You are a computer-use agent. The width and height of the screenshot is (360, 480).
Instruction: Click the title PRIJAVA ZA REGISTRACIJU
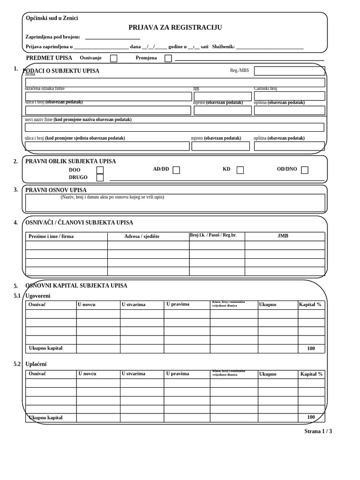(175, 28)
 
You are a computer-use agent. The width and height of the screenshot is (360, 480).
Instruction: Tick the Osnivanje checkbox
(113, 59)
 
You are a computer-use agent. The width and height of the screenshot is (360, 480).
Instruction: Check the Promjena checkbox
(168, 59)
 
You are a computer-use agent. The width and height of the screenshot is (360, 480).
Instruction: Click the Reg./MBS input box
(289, 71)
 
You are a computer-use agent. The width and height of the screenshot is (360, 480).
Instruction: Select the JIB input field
(222, 97)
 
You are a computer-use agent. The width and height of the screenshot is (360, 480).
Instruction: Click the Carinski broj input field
(289, 96)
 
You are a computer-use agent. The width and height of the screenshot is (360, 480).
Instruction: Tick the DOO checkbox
(100, 170)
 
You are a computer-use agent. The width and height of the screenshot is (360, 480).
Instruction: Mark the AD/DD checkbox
(176, 170)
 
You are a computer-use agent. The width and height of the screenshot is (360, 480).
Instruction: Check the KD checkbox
(240, 170)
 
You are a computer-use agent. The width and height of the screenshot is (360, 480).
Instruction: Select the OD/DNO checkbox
(305, 170)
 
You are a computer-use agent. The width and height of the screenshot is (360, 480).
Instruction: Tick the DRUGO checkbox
(100, 178)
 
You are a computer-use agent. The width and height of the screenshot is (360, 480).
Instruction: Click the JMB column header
(283, 236)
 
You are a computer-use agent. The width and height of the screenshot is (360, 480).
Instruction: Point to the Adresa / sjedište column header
(142, 236)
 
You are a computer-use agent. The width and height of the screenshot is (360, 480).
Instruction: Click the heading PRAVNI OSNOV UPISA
(56, 190)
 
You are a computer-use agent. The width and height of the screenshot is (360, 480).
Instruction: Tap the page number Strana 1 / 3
(318, 431)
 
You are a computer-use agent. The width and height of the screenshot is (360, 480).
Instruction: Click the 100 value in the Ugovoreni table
(311, 349)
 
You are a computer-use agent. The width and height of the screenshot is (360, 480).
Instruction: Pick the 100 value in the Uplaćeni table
(311, 417)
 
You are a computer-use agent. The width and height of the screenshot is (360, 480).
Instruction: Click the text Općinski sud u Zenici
(52, 18)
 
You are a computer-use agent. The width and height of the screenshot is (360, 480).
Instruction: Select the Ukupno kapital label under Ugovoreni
(45, 348)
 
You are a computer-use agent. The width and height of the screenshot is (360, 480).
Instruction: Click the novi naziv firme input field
(174, 127)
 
